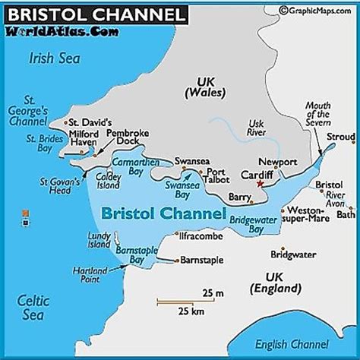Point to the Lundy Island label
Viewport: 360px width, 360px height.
tap(100, 242)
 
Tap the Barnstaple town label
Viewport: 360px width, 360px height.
tap(202, 261)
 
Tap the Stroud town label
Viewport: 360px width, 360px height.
tap(341, 137)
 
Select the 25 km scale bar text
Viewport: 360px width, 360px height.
tap(191, 311)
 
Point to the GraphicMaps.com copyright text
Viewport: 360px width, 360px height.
tap(318, 10)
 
